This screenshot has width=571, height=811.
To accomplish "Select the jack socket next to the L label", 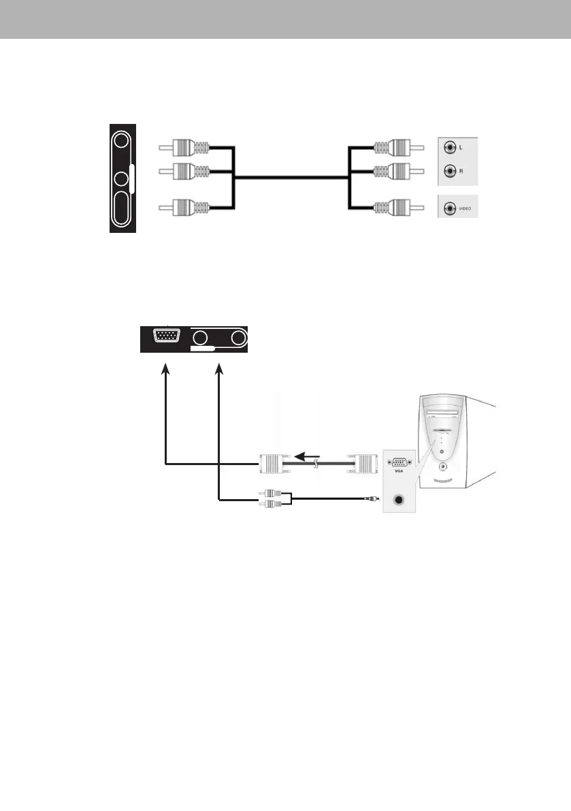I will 449,148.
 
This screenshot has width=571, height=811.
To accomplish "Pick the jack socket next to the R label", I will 449,172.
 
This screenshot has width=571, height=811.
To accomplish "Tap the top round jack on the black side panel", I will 121,142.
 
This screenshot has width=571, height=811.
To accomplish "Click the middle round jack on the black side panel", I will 121,179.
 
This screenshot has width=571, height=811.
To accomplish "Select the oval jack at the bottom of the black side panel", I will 122,207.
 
